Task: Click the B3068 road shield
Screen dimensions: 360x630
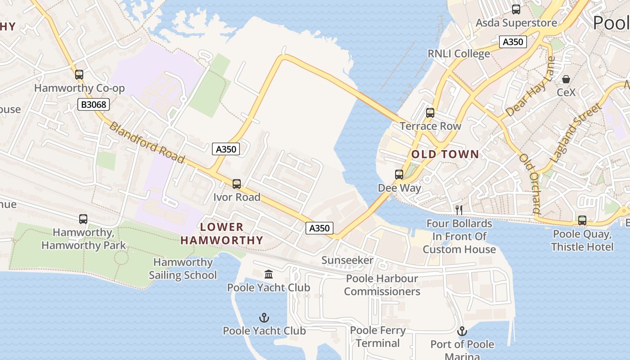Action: click(x=94, y=105)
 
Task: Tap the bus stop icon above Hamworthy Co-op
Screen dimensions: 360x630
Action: click(x=79, y=74)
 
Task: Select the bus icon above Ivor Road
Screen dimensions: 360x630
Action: click(x=237, y=184)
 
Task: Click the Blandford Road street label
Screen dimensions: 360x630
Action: click(x=147, y=143)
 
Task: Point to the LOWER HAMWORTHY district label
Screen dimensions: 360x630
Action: click(x=222, y=234)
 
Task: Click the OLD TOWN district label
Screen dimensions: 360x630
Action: click(x=445, y=154)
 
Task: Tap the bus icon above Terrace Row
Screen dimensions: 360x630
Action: click(x=430, y=112)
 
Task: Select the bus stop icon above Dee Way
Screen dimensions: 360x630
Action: click(x=399, y=175)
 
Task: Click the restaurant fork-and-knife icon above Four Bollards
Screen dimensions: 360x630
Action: click(x=459, y=210)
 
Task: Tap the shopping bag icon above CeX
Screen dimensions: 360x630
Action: click(x=566, y=79)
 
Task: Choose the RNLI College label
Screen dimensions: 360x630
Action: click(x=459, y=54)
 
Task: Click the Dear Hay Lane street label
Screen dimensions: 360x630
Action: click(x=531, y=86)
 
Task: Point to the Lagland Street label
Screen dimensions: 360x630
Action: click(x=576, y=133)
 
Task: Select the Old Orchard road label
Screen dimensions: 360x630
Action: click(x=529, y=183)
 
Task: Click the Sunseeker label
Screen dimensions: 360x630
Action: click(x=347, y=260)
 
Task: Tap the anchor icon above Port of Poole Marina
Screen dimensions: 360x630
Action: click(x=462, y=332)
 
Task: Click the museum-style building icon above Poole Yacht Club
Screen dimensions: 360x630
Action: click(x=269, y=274)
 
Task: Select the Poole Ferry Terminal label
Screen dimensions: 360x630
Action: click(x=378, y=337)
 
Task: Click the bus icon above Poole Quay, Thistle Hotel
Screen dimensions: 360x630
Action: click(x=582, y=220)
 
